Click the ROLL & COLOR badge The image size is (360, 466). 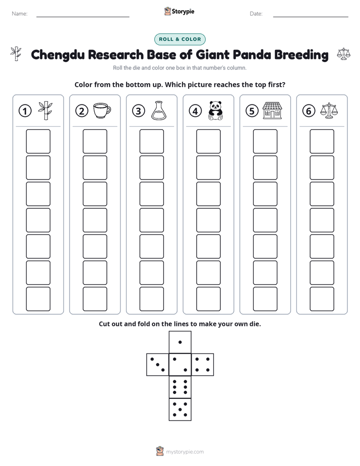pos(179,39)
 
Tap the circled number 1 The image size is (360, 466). pos(25,111)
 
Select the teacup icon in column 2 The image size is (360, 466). pos(102,110)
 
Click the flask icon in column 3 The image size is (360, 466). pos(159,110)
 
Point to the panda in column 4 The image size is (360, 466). pos(215,110)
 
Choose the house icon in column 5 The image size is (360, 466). pos(272,110)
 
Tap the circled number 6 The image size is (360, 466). pos(309,111)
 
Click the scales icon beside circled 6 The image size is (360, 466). pos(329,110)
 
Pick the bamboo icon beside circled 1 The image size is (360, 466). pos(45,110)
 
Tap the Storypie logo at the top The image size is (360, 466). pos(179,11)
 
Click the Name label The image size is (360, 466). pos(20,14)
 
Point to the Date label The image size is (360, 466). pos(256,14)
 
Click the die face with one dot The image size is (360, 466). pos(180,342)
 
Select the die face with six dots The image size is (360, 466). pos(180,387)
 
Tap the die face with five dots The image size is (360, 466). pos(180,410)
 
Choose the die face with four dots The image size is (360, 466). pos(203,365)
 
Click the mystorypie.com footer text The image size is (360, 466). pos(185,452)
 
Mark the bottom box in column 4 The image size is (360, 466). pos(209,299)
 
